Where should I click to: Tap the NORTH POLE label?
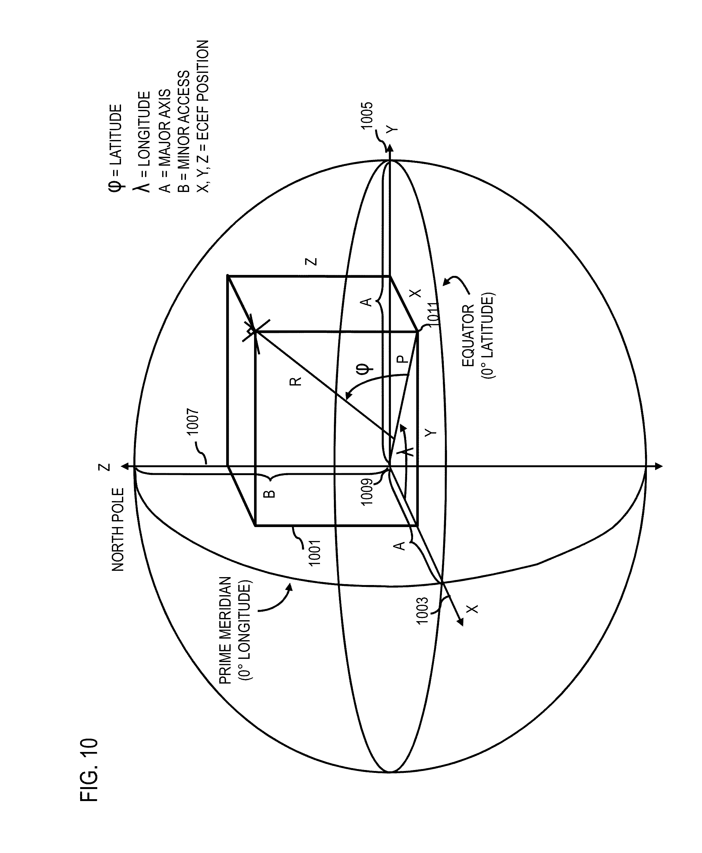click(118, 530)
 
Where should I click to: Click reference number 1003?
click(423, 610)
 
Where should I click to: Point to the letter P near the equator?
click(400, 359)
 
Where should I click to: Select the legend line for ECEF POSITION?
click(203, 117)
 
